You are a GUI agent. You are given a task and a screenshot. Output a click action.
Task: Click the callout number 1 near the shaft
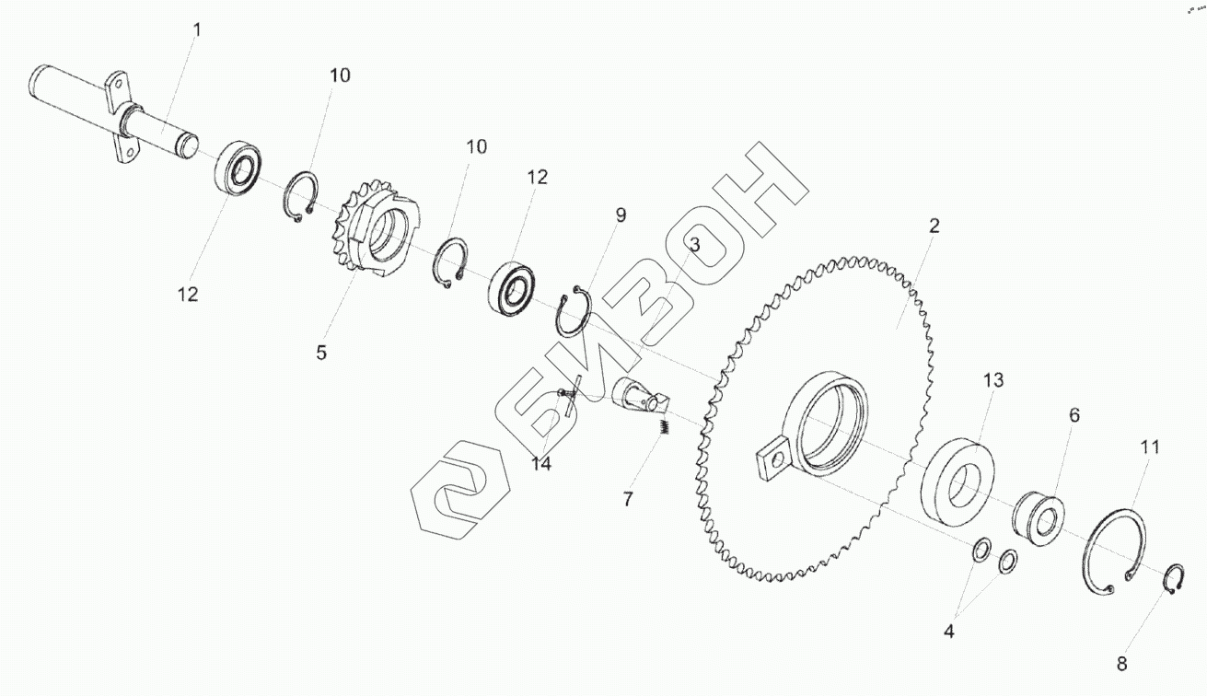(x=197, y=29)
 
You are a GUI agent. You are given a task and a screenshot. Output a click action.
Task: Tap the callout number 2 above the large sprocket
(x=934, y=226)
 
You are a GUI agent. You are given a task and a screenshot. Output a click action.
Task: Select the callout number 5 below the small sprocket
(x=321, y=353)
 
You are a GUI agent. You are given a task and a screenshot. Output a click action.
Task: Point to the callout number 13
(x=993, y=380)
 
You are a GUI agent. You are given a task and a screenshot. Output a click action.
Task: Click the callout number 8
(x=1122, y=664)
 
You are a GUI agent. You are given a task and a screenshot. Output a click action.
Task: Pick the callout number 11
(x=1149, y=447)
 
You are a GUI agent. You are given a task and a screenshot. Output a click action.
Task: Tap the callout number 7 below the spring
(x=628, y=499)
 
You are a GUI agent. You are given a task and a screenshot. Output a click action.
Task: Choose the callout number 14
(x=541, y=463)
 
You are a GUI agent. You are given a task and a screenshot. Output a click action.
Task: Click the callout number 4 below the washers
(x=949, y=632)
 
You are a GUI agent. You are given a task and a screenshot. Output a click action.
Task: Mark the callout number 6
(x=1074, y=415)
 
